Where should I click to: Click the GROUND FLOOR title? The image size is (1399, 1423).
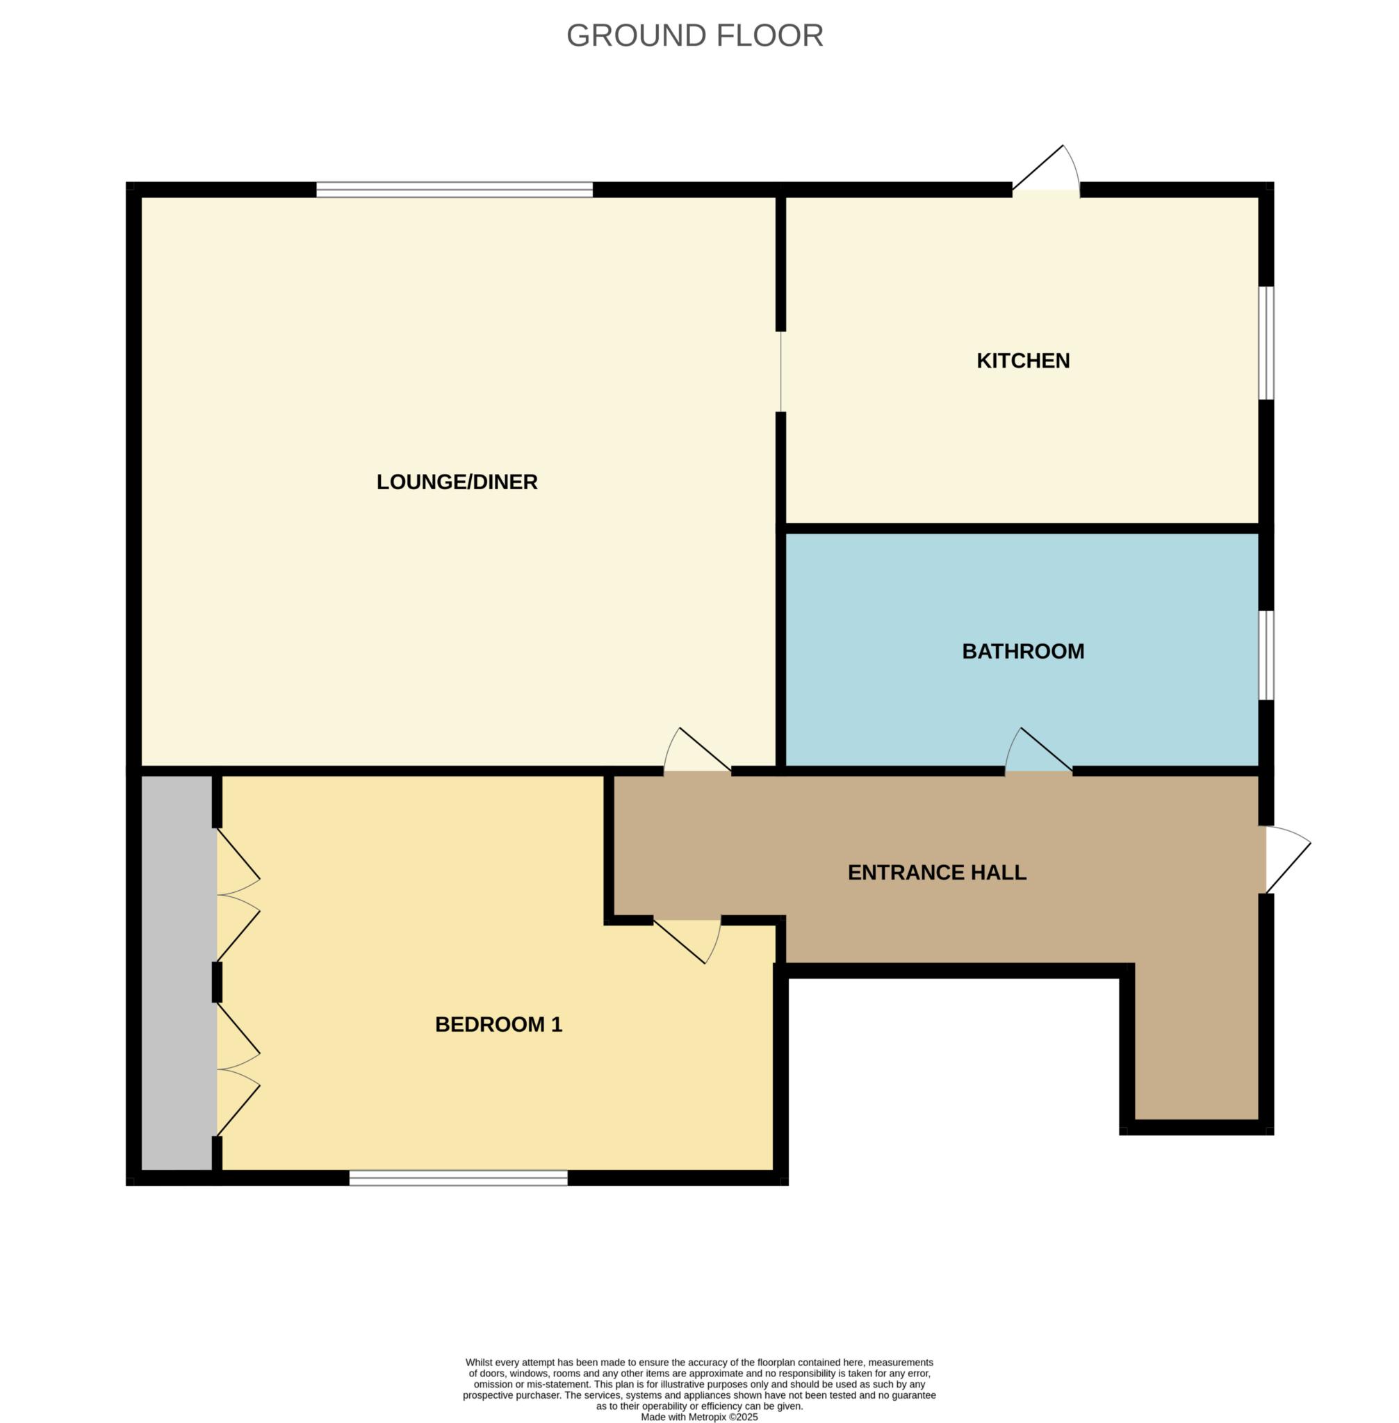[694, 35]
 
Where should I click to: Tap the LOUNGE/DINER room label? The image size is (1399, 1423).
[457, 482]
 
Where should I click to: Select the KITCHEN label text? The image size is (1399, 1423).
[1023, 361]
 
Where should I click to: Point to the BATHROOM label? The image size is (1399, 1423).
[1023, 651]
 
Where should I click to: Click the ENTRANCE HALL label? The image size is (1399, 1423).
[937, 872]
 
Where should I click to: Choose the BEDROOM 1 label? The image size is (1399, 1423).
[498, 1024]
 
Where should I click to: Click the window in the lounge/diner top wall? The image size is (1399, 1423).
[454, 190]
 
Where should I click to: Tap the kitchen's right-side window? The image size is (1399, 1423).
[1266, 343]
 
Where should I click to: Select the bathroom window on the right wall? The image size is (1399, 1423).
[1266, 655]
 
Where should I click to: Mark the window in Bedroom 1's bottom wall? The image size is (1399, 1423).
[458, 1178]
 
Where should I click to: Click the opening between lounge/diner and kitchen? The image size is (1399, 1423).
[781, 372]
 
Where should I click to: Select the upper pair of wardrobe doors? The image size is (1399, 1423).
[236, 895]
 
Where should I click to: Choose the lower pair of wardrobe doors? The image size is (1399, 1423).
[236, 1069]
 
